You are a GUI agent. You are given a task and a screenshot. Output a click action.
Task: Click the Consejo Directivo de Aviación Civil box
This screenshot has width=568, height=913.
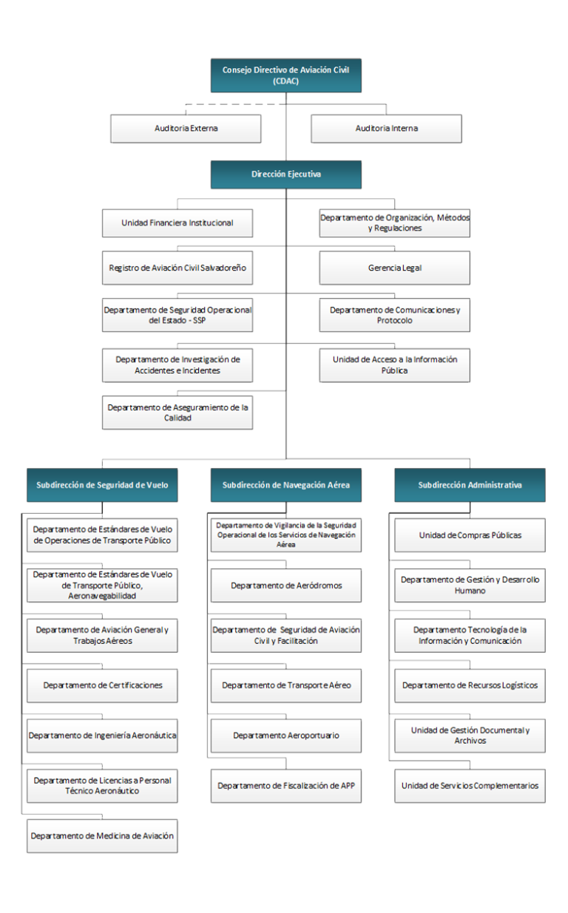click(285, 75)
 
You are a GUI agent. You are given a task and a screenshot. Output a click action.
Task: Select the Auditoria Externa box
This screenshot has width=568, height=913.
click(186, 129)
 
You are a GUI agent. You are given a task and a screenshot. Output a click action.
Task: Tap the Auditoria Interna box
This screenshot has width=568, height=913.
click(386, 129)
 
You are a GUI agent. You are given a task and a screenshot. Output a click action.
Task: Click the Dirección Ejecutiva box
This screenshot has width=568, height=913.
click(285, 174)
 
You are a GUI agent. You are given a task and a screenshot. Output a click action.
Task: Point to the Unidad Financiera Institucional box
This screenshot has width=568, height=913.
click(177, 223)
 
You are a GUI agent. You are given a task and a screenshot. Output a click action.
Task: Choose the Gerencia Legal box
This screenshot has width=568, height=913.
click(395, 268)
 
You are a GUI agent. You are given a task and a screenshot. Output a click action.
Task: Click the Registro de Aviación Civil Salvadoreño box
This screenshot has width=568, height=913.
click(177, 268)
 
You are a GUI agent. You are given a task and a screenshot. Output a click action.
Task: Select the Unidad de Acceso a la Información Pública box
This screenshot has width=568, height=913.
click(395, 365)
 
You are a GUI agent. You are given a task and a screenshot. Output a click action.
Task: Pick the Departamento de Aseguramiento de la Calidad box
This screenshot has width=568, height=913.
click(177, 413)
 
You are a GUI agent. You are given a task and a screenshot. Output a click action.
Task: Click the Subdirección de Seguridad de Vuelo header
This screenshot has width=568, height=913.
click(102, 485)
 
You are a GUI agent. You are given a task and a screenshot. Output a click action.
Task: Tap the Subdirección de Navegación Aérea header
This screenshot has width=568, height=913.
click(285, 485)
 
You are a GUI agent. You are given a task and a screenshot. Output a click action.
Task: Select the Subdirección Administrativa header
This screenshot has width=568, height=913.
click(470, 485)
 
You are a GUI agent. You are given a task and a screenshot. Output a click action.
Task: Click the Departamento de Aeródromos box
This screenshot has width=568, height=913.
click(285, 586)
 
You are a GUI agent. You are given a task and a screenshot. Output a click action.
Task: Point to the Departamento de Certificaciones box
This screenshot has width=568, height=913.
click(102, 685)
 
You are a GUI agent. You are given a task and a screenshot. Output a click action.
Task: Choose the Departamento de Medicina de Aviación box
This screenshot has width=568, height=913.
click(102, 836)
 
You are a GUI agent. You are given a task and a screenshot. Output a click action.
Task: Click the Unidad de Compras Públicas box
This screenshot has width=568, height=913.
click(470, 535)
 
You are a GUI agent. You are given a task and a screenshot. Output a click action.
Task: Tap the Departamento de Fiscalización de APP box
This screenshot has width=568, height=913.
click(285, 786)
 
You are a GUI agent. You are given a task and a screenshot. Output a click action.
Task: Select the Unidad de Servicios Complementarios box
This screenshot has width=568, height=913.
click(470, 786)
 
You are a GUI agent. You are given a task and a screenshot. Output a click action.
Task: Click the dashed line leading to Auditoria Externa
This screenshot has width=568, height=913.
click(236, 104)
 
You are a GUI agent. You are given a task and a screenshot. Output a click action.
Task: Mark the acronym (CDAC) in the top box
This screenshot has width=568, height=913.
click(285, 81)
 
